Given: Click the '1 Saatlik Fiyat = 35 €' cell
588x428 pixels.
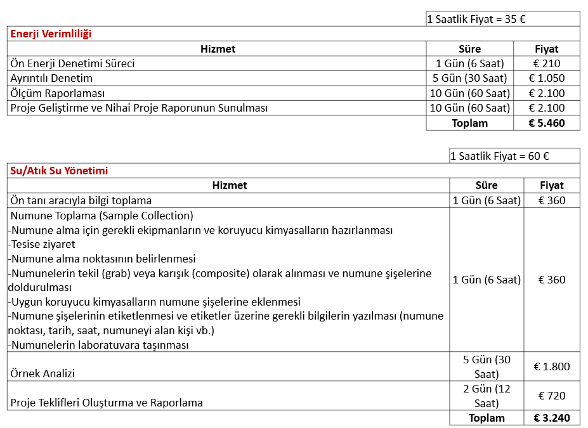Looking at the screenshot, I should pos(476,19).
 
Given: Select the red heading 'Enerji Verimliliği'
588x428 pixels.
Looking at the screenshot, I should pos(51,34).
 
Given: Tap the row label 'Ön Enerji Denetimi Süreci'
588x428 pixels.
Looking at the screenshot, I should pos(72,63).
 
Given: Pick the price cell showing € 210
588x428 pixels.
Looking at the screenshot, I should pos(546,63).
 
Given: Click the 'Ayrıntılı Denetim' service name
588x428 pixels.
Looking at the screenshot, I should pos(51,78).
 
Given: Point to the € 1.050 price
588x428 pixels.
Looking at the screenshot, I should pos(546,78).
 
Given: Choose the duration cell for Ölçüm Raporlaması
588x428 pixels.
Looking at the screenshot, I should pos(469,93).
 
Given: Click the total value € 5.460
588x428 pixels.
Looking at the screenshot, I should pos(546,123).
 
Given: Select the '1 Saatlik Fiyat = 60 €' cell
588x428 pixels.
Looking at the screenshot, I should pos(500,156).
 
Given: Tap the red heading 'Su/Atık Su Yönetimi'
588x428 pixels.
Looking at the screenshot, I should pos(59,171).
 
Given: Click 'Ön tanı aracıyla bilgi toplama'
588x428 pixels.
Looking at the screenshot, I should pos(81,201).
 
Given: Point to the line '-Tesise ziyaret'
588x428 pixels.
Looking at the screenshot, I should pos(41,244).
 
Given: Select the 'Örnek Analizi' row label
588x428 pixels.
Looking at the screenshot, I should pos(42,373).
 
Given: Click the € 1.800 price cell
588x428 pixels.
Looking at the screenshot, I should pos(552,366).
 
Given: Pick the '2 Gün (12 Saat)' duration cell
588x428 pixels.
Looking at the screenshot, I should pos(487,396).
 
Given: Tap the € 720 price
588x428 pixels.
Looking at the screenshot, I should pos(552,396).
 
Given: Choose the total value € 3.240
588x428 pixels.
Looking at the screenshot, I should pos(552,418).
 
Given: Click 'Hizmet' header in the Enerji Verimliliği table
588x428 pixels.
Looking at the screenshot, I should pos(218,49).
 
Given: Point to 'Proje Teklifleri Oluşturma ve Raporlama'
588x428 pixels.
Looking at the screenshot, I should pos(107,403).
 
